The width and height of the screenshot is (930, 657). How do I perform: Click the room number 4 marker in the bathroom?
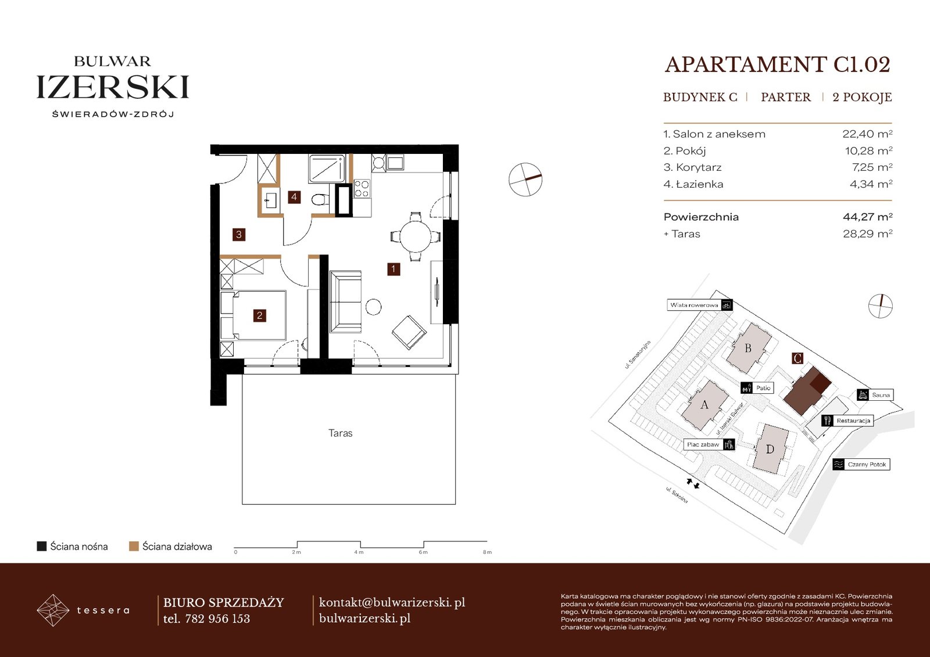(x=294, y=197)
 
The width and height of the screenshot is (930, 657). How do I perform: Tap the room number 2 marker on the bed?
(x=259, y=316)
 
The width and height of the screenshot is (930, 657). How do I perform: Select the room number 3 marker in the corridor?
(x=239, y=235)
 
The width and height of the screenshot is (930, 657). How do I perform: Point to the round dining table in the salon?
(x=415, y=237)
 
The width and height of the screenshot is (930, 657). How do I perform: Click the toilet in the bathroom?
(x=320, y=200)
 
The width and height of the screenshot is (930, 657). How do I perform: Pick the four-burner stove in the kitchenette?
(x=362, y=188)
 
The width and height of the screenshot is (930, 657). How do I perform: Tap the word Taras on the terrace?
(x=341, y=433)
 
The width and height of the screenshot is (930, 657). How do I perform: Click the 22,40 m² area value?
(x=867, y=134)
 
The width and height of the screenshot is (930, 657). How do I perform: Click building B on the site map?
(x=748, y=348)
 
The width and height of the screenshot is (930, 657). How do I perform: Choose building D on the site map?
(x=770, y=449)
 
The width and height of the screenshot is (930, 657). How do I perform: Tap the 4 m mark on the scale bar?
(x=359, y=552)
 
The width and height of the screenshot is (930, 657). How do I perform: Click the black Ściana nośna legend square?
(x=41, y=546)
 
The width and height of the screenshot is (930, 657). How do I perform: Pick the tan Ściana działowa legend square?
(x=134, y=546)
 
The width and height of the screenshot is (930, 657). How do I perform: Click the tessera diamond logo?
(x=53, y=610)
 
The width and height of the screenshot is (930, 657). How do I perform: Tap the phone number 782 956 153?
(x=217, y=619)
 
